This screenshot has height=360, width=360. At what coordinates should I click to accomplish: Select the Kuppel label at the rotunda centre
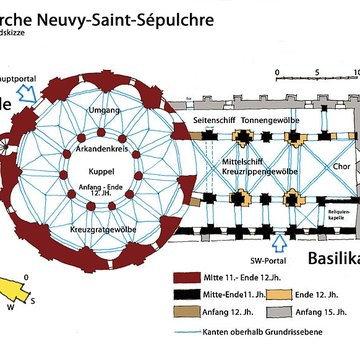click(x=104, y=171)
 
